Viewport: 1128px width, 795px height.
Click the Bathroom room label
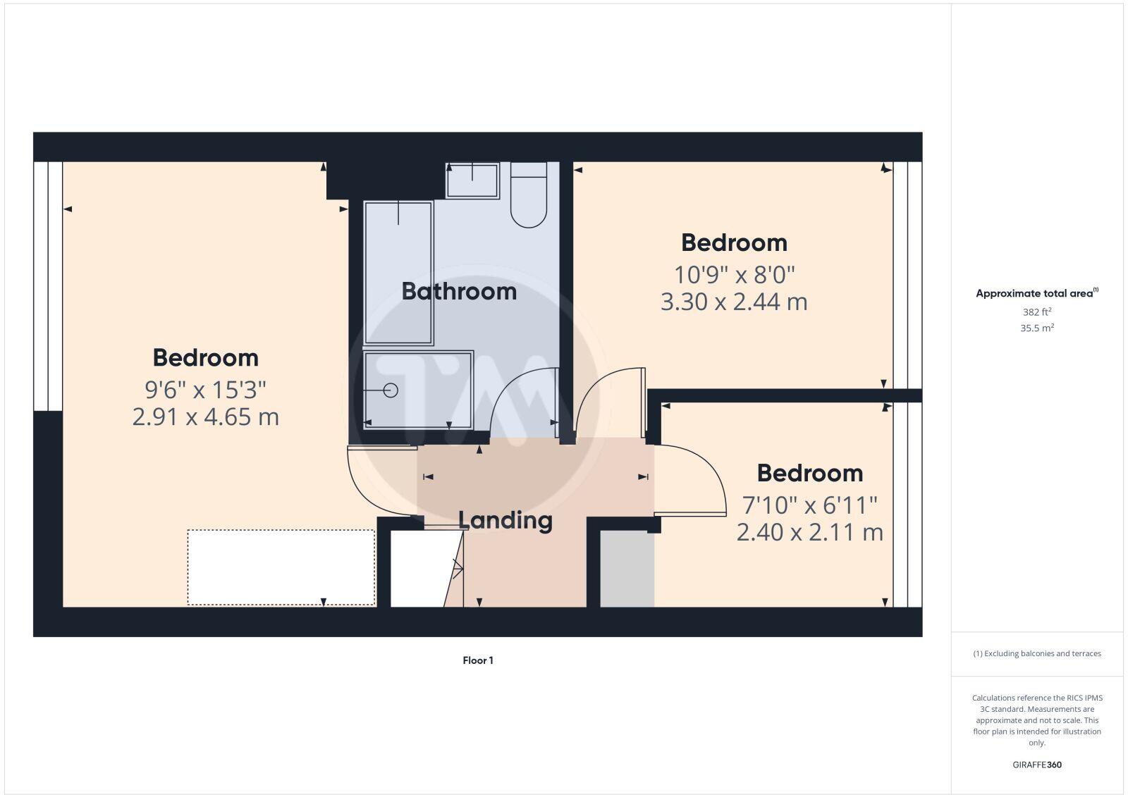459,291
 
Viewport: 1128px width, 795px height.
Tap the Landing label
505,520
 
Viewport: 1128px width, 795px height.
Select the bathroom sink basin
472,180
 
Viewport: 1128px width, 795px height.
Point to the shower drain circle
391,390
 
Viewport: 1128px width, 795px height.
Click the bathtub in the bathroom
398,273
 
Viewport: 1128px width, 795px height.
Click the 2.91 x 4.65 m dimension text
206,417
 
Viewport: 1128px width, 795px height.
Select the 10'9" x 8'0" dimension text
734,273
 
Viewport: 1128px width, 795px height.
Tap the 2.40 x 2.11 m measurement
809,532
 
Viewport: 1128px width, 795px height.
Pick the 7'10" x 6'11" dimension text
809,505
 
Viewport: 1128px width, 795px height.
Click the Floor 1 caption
478,660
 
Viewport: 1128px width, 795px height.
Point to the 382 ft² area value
1037,312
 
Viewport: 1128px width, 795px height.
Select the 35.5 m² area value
1037,328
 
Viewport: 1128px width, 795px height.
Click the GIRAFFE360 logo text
1037,765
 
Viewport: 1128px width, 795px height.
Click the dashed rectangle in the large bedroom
281,567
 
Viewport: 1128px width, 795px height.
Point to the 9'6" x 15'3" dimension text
206,388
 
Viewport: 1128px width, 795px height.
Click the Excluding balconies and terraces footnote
1037,653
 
